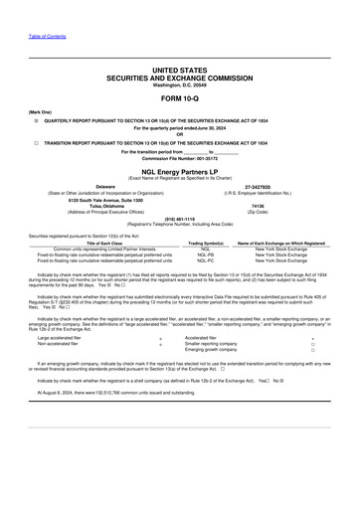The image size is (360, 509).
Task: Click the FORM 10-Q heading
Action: (179, 97)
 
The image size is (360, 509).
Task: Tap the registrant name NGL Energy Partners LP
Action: (179, 171)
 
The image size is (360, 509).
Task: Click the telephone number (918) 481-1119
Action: (179, 221)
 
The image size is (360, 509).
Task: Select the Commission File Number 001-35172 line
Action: (179, 158)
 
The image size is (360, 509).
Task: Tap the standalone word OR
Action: (179, 134)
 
